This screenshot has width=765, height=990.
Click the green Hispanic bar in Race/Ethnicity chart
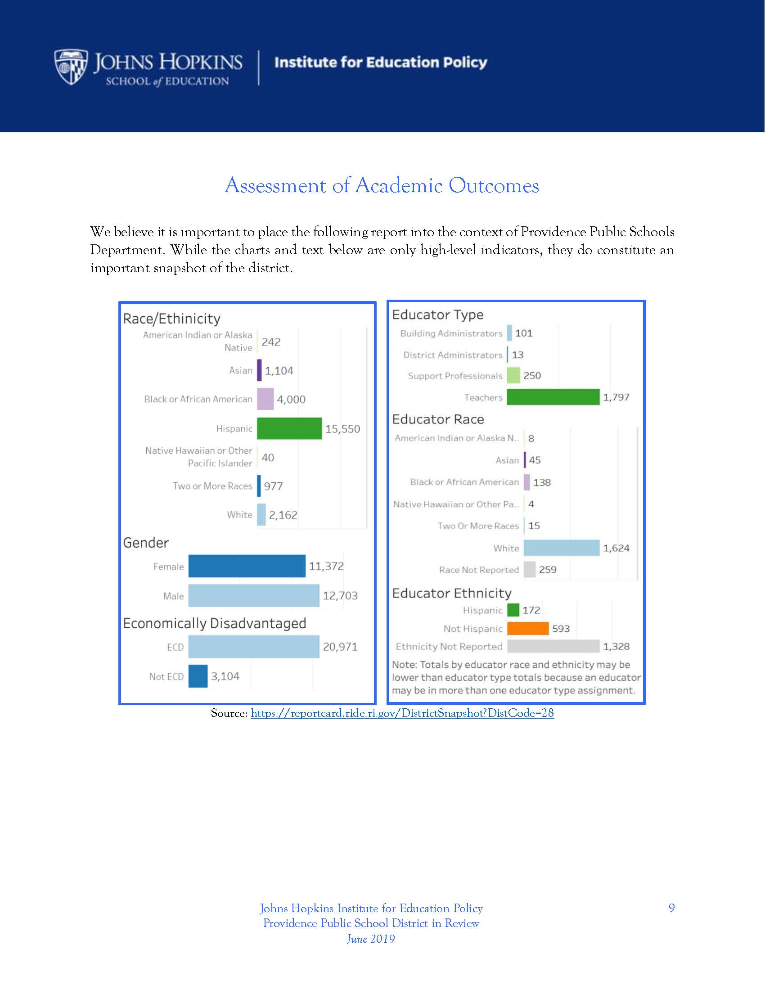[x=289, y=428]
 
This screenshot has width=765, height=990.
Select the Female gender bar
[x=247, y=566]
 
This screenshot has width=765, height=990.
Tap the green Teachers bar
[x=553, y=397]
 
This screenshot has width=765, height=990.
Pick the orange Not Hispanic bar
[x=527, y=628]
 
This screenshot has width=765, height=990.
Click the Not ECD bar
[x=198, y=676]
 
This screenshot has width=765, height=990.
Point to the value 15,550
[x=342, y=429]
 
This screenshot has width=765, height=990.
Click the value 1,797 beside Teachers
[x=616, y=397]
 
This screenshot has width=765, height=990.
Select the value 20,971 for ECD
[x=340, y=647]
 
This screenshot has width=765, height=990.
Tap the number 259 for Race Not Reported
[x=548, y=570]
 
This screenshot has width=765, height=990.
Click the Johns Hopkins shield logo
[x=71, y=67]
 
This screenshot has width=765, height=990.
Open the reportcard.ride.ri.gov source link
[x=402, y=713]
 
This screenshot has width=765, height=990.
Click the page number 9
[x=671, y=908]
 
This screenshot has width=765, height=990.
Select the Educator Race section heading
[x=438, y=419]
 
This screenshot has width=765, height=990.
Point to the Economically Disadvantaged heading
[x=214, y=623]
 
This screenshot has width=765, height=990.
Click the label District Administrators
[x=453, y=355]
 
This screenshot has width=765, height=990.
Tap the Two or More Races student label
[x=212, y=486]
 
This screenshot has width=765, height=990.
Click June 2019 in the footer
[x=371, y=939]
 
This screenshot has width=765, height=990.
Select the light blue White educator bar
[x=561, y=548]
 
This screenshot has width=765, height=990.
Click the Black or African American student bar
[x=265, y=399]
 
